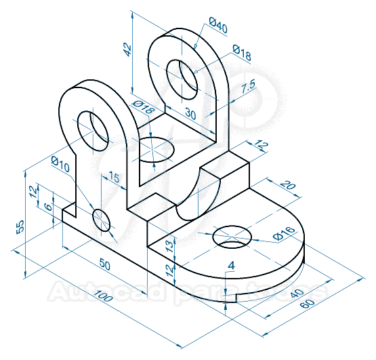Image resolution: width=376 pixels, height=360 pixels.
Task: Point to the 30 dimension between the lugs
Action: [190, 115]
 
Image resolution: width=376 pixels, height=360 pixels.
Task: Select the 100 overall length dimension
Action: [103, 297]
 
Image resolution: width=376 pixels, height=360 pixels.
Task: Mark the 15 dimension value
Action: [113, 178]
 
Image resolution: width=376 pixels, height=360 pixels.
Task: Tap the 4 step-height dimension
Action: [232, 266]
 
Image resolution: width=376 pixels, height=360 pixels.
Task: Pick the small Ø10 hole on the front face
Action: [101, 220]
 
